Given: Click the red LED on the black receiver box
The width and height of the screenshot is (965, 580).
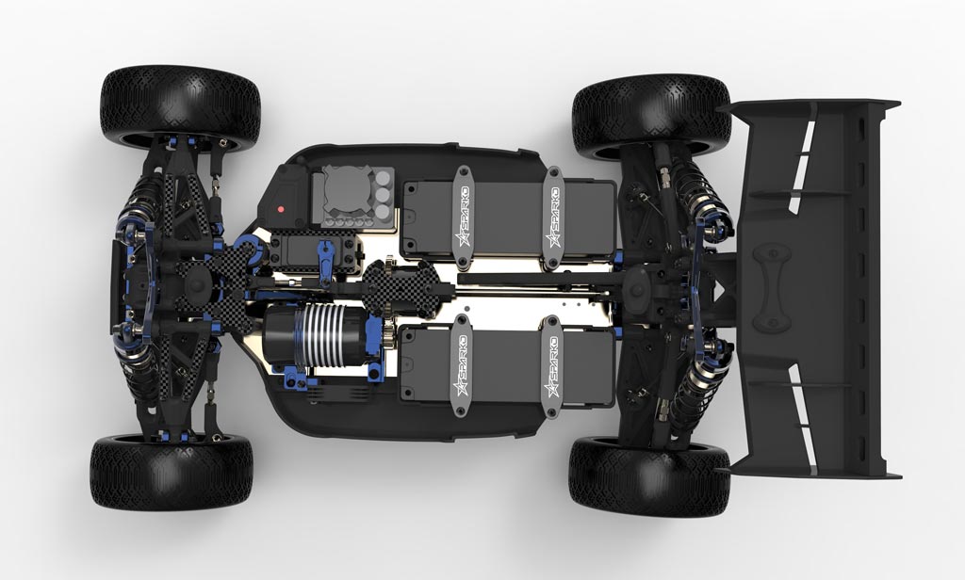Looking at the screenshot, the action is tap(281, 209).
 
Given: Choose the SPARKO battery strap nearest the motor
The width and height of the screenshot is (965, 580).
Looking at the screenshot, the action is tap(460, 365).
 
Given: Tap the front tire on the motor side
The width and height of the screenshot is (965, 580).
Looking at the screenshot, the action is tap(172, 473).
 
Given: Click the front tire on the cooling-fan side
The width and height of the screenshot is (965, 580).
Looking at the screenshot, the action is tap(180, 109).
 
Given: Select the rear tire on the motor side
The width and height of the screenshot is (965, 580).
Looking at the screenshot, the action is tap(649, 476).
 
